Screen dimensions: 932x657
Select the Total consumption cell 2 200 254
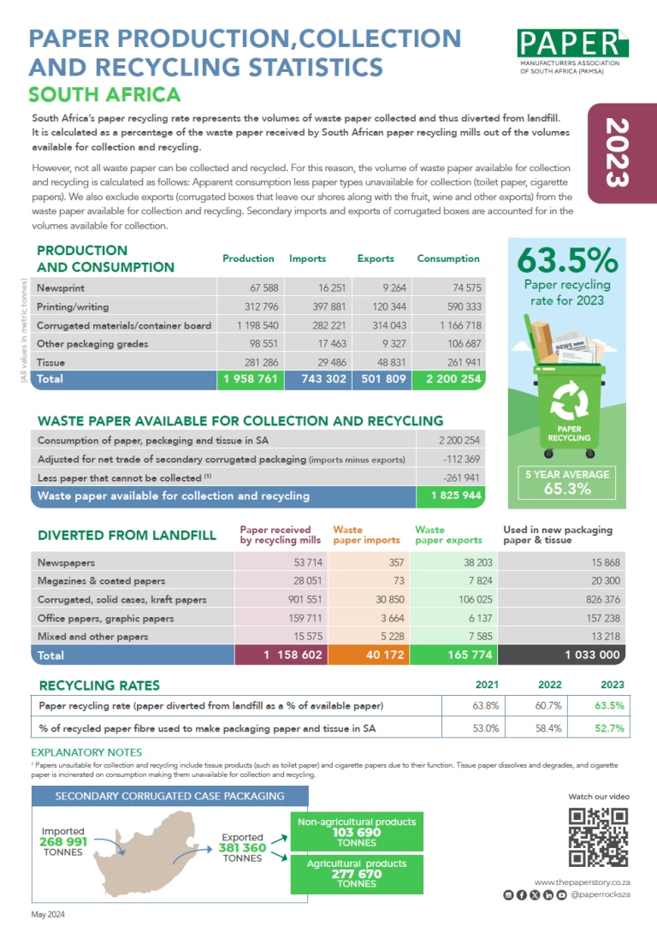click(x=448, y=379)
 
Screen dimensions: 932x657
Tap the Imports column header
click(x=307, y=258)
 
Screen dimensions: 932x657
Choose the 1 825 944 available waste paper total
click(x=453, y=496)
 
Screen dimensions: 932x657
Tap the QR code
click(x=599, y=837)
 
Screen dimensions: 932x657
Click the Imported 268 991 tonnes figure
click(x=63, y=842)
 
